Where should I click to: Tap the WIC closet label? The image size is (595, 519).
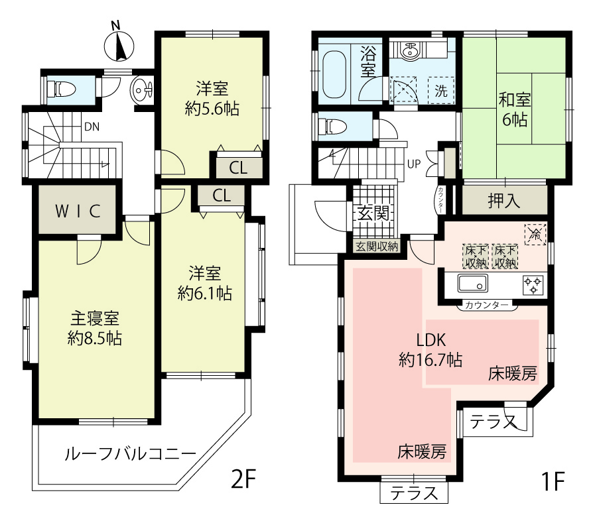click(x=78, y=211)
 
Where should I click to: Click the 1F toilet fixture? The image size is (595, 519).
click(x=332, y=127)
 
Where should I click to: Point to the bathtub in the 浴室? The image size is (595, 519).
click(x=334, y=75)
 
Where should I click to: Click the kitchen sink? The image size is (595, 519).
click(x=472, y=283)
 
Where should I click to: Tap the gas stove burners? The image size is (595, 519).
click(x=533, y=286)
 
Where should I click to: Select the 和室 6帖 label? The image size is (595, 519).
click(x=515, y=109)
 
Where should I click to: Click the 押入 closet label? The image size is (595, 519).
click(x=504, y=201)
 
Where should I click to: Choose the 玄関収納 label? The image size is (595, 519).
click(x=377, y=247)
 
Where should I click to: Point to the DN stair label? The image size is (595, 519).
click(x=92, y=127)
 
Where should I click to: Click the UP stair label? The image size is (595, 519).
click(x=414, y=164)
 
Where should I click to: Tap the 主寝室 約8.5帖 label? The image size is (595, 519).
click(x=95, y=328)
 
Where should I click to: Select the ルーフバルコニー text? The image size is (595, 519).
click(x=131, y=453)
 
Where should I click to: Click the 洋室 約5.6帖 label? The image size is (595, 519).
click(x=212, y=99)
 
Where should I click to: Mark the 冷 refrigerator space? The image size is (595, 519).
click(x=535, y=234)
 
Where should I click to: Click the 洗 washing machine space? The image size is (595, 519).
click(x=441, y=90)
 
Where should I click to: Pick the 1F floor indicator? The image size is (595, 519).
click(x=553, y=481)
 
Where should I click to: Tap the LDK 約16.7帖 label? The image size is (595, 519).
click(x=430, y=349)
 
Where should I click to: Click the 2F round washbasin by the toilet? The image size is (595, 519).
click(x=142, y=90)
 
